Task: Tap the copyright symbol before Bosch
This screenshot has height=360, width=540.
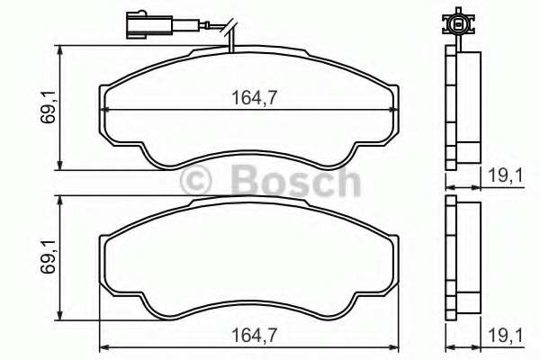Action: pos(197,181)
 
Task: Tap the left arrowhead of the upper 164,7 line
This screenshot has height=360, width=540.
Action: pos(102,109)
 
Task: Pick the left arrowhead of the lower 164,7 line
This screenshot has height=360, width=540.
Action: pos(102,347)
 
